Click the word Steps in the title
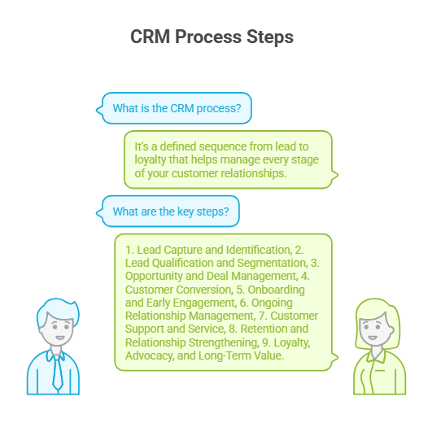click(x=269, y=37)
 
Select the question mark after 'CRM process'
click(x=247, y=108)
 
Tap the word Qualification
click(x=181, y=263)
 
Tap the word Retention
click(x=241, y=329)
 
